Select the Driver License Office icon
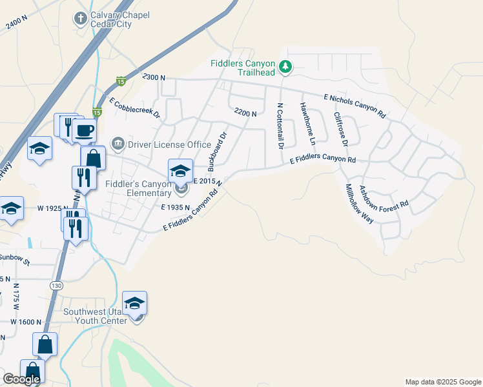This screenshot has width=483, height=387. pos(118,143)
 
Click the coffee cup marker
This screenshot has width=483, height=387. pos(84,131)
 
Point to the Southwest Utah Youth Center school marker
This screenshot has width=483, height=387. pos(134,303)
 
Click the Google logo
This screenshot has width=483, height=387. pos(21,379)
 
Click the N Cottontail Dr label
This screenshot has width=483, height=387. pos(280,126)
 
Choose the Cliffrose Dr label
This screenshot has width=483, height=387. pos(340,128)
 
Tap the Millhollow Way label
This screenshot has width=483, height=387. pos(359,203)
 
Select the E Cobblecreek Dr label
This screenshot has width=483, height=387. pos(134,107)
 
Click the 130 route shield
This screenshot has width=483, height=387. pos(57,284)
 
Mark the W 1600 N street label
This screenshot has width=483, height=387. pos(26,322)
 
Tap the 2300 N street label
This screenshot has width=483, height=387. pos(154,77)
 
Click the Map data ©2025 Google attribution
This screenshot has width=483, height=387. pos(442,382)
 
